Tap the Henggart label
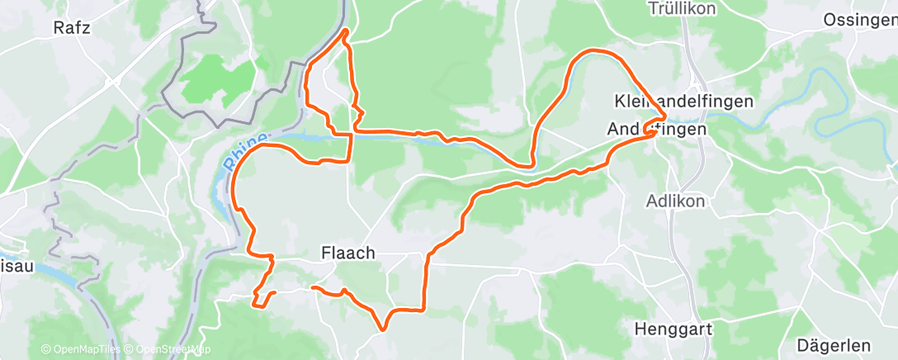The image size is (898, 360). pyautogui.click(x=673, y=329)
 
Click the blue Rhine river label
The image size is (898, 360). pyautogui.click(x=243, y=152)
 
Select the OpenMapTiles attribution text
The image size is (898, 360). pyautogui.click(x=80, y=349)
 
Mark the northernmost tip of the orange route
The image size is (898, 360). pyautogui.click(x=345, y=31)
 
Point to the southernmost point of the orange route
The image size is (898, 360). pyautogui.click(x=382, y=329)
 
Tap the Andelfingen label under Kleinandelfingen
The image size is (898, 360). pyautogui.click(x=657, y=130)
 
